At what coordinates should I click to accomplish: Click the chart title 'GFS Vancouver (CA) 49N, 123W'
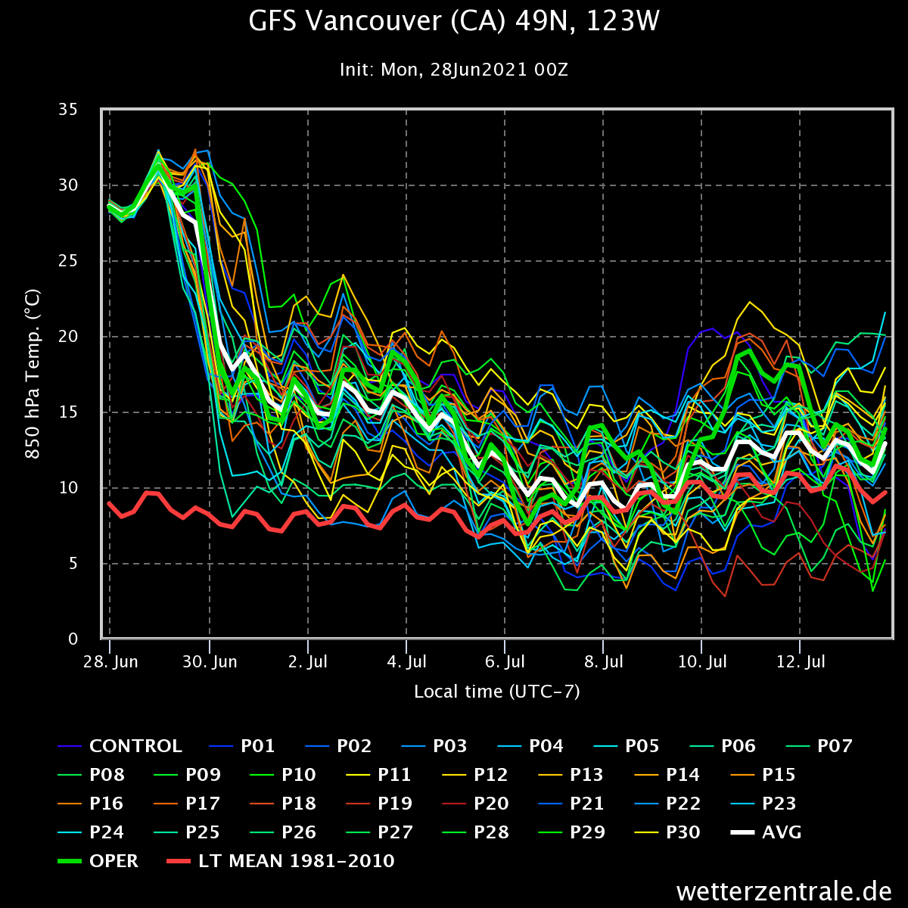coord(454,22)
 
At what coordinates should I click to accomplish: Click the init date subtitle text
coord(454,70)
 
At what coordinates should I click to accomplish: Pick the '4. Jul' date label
coord(406,662)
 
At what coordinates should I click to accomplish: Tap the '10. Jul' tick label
coord(701,662)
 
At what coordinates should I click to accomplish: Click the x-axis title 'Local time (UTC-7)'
coord(497,692)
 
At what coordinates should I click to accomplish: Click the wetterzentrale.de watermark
coord(782,891)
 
